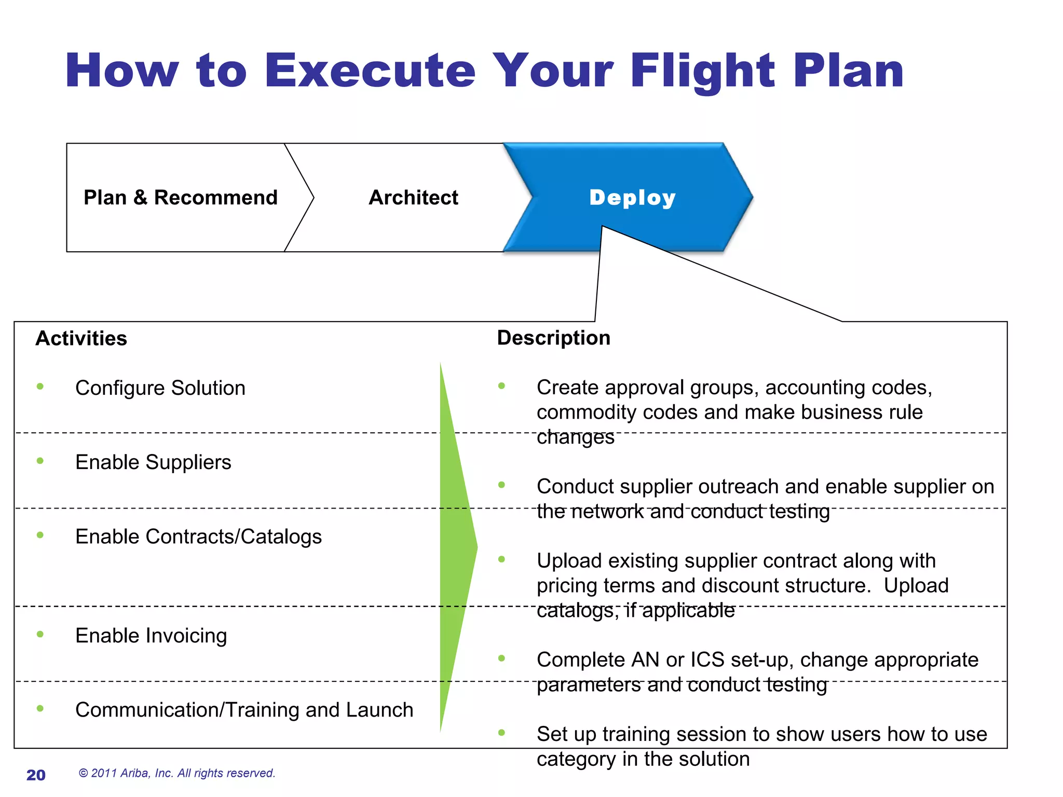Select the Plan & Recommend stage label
tap(181, 198)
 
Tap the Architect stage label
tap(413, 198)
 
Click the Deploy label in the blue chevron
tap(632, 198)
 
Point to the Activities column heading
tap(81, 338)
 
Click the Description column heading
tap(553, 338)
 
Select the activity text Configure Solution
tap(160, 388)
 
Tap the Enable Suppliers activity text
tap(153, 462)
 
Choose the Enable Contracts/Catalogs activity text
tap(198, 537)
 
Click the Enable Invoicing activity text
tap(151, 636)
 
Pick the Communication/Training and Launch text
tap(244, 710)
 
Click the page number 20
tap(36, 775)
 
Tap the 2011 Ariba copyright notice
tap(176, 773)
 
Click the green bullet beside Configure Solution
tap(40, 387)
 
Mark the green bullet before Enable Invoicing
tap(40, 634)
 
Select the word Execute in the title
tap(370, 71)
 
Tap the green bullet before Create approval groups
tap(501, 386)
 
